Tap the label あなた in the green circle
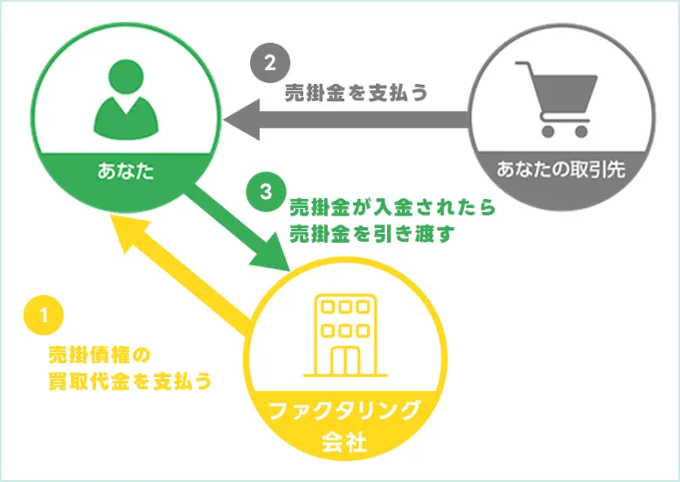(x=125, y=169)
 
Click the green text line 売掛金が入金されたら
(x=392, y=209)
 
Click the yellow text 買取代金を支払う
(x=130, y=382)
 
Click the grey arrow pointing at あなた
(x=350, y=117)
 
